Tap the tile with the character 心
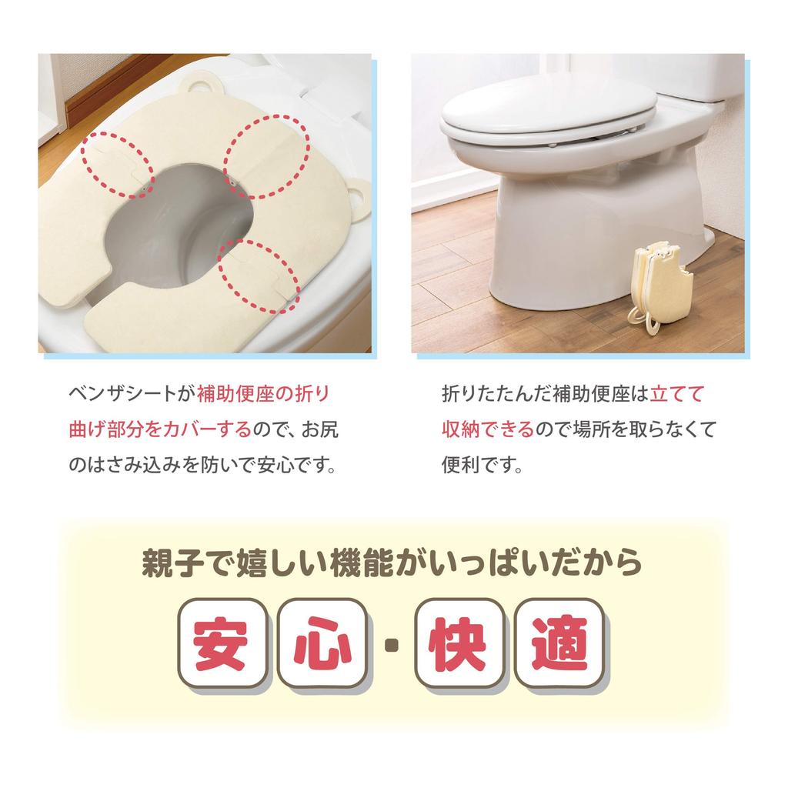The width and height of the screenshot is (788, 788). (x=320, y=643)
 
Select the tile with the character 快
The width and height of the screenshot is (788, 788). (x=459, y=643)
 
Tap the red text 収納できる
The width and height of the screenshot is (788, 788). (x=487, y=429)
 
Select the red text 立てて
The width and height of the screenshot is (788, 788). (x=677, y=393)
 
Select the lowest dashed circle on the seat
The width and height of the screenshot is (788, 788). (x=257, y=275)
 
